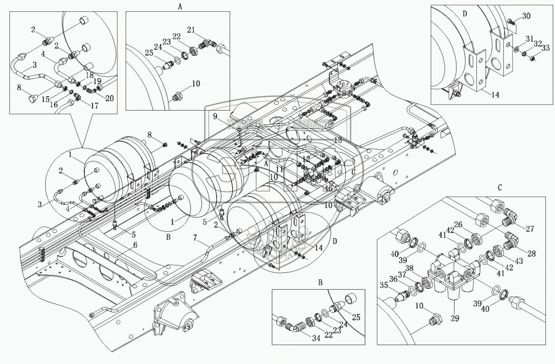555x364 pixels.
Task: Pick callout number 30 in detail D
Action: (x=526, y=16)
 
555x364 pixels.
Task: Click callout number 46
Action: (x=328, y=188)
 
